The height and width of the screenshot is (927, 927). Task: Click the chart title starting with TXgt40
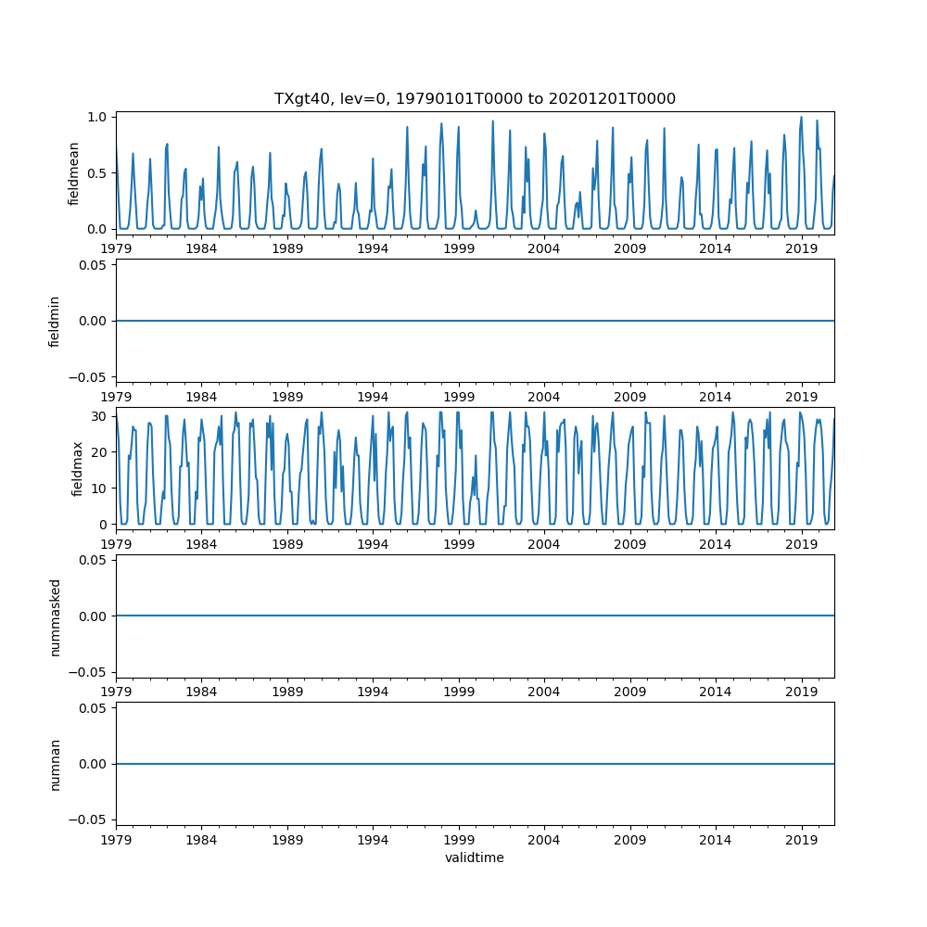tap(475, 98)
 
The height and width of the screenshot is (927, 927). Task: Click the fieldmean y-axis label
tap(73, 173)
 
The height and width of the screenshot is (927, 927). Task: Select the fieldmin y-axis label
tap(55, 321)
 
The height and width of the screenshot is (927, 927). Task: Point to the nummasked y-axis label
tap(55, 616)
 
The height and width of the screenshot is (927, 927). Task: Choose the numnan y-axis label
tap(55, 764)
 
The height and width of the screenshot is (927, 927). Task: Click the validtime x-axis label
tap(475, 857)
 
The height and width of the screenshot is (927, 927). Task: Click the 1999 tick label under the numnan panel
tap(459, 839)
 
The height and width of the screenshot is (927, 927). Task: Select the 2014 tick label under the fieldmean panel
tap(716, 248)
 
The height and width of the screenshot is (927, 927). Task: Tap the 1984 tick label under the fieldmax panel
tap(201, 544)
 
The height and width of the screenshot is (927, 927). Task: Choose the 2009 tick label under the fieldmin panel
tap(630, 396)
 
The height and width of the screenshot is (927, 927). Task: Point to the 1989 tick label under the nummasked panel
tap(287, 692)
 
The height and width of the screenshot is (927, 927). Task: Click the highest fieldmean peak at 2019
tap(801, 117)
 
